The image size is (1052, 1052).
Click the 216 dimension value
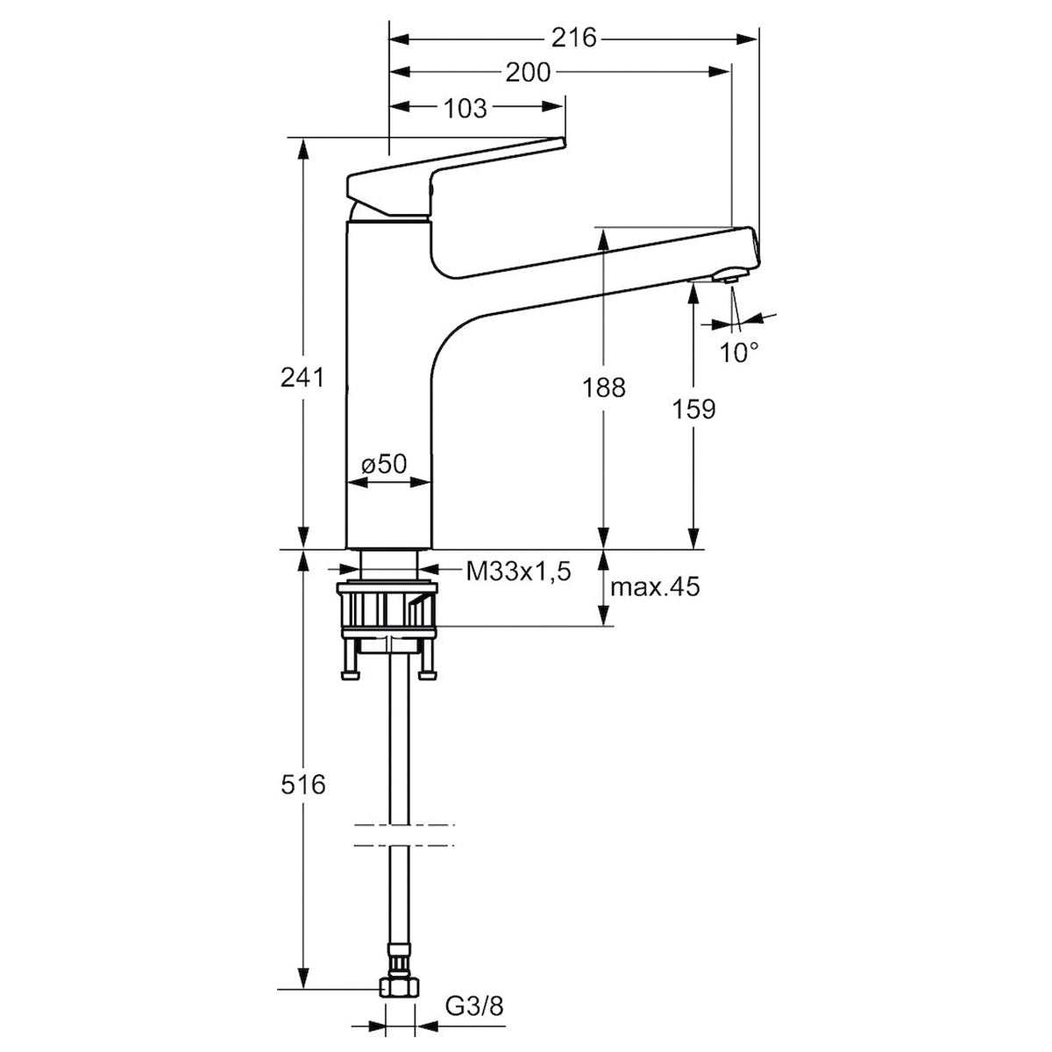[573, 39]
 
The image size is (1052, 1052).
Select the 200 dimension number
[528, 73]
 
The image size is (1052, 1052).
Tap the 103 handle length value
[465, 109]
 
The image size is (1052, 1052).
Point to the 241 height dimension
[302, 377]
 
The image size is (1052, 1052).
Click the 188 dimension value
[603, 388]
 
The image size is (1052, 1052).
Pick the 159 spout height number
[693, 409]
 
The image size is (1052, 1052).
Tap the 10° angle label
[739, 353]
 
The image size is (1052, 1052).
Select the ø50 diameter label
[384, 464]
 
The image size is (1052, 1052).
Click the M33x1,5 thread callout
[518, 572]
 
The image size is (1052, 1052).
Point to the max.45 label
[655, 586]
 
